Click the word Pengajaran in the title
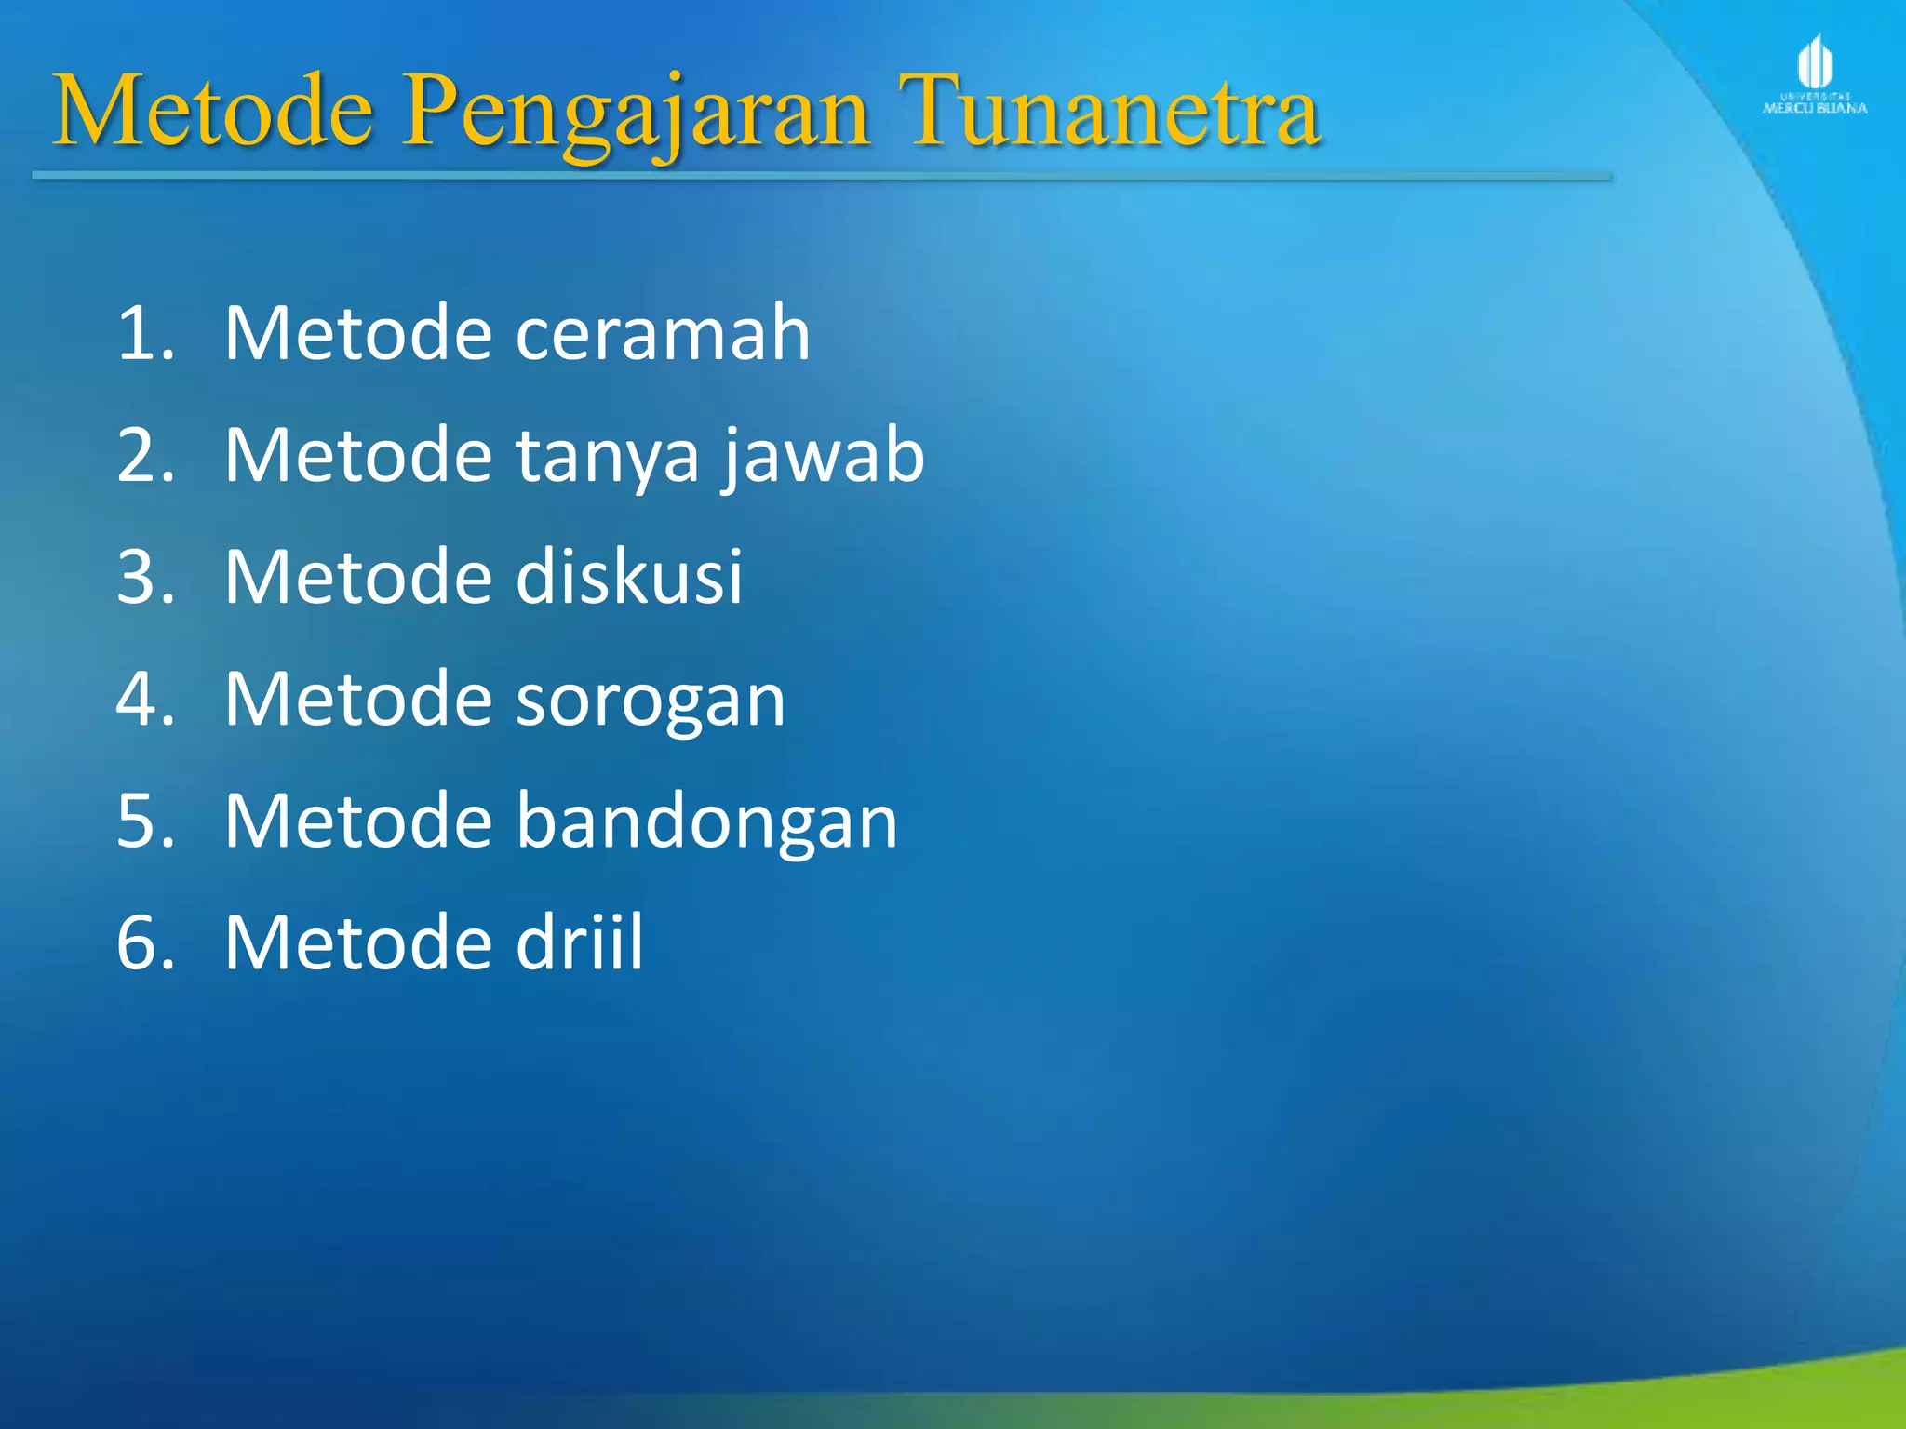(x=637, y=114)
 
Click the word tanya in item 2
(x=607, y=456)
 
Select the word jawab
(x=823, y=456)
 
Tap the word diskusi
(x=629, y=577)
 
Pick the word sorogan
(x=651, y=700)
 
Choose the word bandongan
(x=706, y=821)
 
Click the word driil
(x=579, y=943)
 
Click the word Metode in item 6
(x=358, y=943)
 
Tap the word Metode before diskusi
(x=358, y=577)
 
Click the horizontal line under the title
(x=819, y=175)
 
